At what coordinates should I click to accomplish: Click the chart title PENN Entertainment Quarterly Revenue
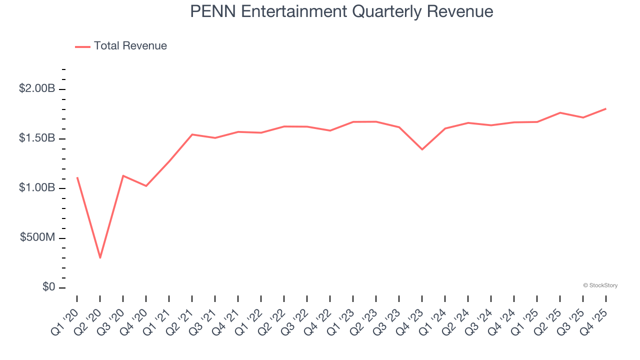tap(341, 11)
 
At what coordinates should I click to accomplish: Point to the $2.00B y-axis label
tap(37, 88)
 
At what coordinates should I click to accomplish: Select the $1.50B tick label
tap(37, 138)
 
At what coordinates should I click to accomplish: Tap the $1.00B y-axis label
tap(37, 188)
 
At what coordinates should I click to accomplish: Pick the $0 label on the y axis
tap(48, 287)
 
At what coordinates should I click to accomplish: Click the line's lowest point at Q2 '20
tap(100, 257)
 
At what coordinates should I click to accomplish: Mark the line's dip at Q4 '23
tap(422, 149)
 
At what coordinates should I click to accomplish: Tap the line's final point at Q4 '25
tap(605, 108)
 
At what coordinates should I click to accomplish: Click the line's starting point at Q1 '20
tap(77, 177)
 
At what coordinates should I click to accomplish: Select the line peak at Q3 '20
tap(123, 175)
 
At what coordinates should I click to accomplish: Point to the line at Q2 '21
tap(192, 134)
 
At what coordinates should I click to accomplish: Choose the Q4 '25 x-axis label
tap(595, 316)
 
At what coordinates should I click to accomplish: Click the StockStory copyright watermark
tap(600, 285)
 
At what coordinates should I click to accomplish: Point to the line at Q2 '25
tap(560, 112)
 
